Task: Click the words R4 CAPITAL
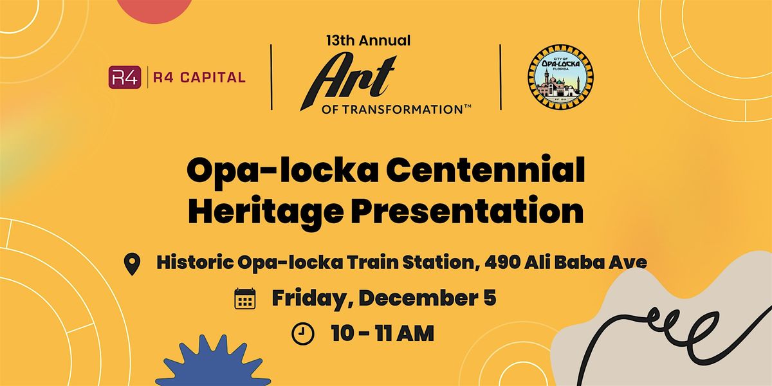198,77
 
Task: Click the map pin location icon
133,264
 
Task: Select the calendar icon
245,299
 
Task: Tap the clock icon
302,333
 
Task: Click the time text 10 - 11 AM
382,333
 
